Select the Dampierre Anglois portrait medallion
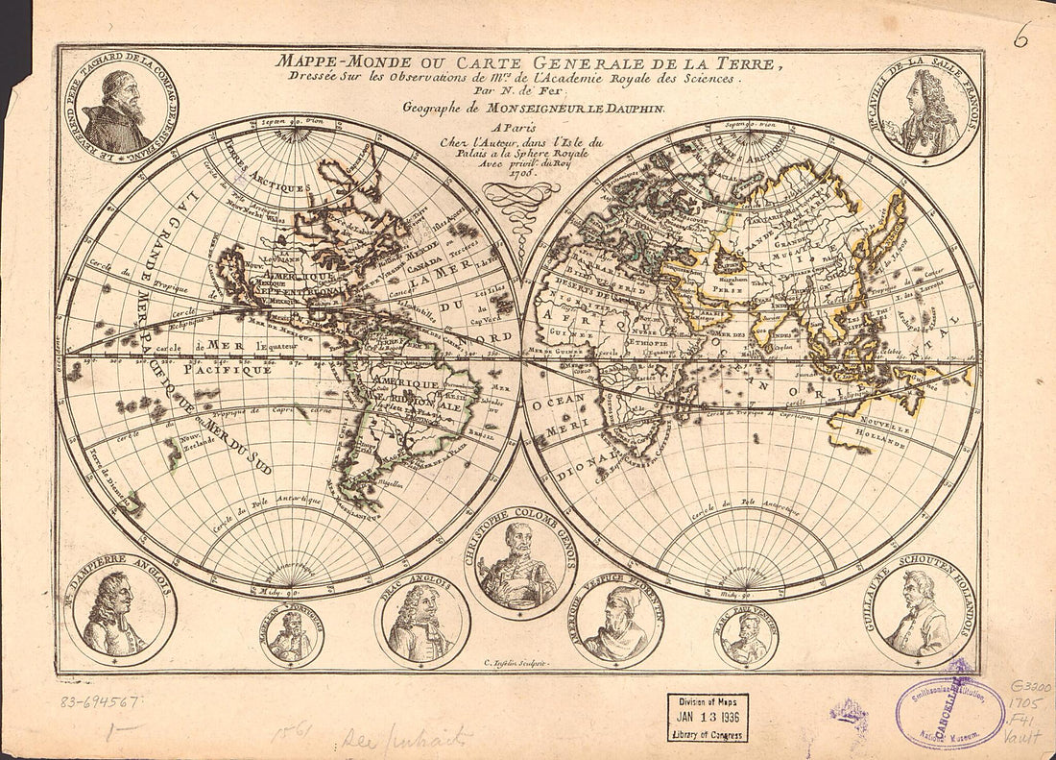coord(119,616)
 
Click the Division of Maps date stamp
coord(708,718)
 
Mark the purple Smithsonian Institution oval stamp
coord(949,713)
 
